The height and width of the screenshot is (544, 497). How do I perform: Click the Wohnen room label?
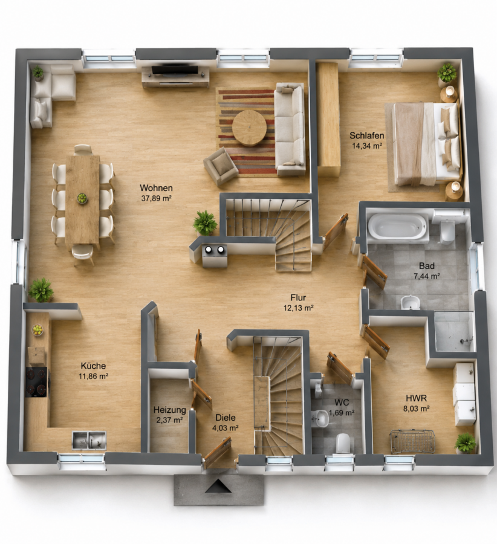click(x=156, y=188)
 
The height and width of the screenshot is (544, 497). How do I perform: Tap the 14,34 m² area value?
click(x=367, y=146)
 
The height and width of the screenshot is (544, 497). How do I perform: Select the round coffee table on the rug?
click(x=249, y=128)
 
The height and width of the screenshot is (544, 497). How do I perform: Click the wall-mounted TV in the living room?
click(x=175, y=69)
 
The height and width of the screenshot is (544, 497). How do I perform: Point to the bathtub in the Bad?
click(x=398, y=227)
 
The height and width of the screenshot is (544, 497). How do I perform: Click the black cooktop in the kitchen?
click(x=36, y=382)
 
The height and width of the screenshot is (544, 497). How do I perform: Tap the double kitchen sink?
click(x=89, y=440)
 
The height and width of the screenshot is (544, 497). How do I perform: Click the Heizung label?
click(x=170, y=410)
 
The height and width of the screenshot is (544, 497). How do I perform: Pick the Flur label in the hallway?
click(x=298, y=297)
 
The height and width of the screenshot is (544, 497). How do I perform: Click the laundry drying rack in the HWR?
click(x=412, y=441)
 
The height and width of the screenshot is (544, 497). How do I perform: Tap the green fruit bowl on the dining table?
click(x=82, y=198)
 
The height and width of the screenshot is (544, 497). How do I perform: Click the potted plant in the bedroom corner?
click(x=447, y=73)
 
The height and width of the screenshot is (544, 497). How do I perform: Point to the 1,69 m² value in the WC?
click(x=342, y=413)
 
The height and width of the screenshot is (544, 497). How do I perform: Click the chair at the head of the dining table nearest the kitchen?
click(x=83, y=254)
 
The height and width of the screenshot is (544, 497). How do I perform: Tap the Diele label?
click(x=226, y=418)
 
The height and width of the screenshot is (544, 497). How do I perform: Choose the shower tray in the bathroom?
click(x=454, y=331)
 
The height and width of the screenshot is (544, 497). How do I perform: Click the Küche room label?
click(x=93, y=366)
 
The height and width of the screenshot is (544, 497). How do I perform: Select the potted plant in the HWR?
click(x=465, y=443)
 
